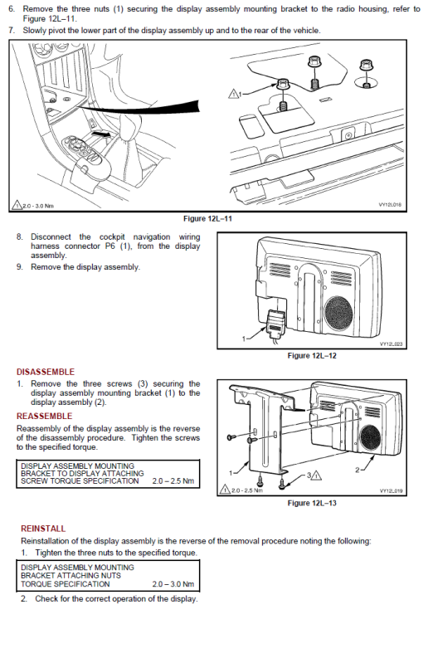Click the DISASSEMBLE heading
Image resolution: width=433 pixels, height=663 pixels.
pos(46,372)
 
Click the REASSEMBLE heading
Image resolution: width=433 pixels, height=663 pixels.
pos(45,416)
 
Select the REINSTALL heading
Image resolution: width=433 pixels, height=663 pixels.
pos(43,529)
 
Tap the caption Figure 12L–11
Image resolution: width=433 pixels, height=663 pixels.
pos(207,218)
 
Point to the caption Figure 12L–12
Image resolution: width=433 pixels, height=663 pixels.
pos(312,356)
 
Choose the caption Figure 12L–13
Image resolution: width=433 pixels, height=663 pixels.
pos(312,503)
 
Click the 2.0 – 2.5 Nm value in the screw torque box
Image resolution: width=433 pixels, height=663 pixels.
pos(173,480)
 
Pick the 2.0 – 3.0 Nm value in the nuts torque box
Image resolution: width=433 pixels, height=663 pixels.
pos(173,584)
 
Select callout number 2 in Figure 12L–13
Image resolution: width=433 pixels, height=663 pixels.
pos(358,470)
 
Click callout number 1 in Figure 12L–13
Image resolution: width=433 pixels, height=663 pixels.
pos(231,473)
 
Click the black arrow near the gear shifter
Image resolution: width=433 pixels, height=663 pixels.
pos(103,134)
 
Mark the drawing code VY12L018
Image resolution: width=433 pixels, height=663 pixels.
pos(390,205)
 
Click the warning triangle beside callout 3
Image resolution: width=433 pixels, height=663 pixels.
pos(316,475)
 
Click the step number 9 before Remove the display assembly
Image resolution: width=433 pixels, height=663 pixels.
pos(19,267)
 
